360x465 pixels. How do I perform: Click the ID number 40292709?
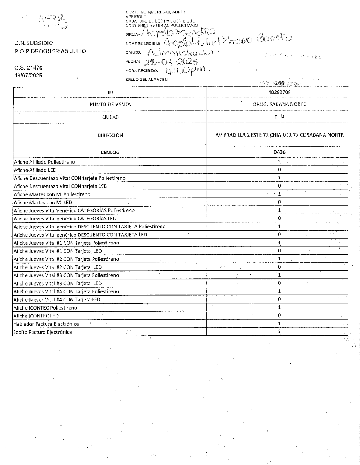point(278,92)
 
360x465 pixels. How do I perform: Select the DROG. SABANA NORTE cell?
point(279,104)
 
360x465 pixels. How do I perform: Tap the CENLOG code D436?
point(279,152)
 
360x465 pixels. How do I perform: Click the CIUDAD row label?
point(110,117)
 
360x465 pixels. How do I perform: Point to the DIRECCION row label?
point(110,135)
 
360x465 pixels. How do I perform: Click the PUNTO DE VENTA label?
point(110,104)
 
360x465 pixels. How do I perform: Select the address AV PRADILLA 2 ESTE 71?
point(279,135)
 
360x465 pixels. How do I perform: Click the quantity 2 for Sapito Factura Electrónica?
point(279,332)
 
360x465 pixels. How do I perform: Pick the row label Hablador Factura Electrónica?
point(46,324)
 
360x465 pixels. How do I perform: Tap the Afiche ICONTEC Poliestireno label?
point(45,308)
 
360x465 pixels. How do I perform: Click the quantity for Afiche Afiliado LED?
point(279,170)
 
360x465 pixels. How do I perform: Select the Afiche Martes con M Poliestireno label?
point(52,194)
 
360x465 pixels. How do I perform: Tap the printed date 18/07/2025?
point(29,75)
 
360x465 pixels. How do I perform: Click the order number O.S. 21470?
point(28,68)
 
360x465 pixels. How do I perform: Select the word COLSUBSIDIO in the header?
point(34,44)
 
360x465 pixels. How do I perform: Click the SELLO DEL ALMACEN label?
point(146,80)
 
